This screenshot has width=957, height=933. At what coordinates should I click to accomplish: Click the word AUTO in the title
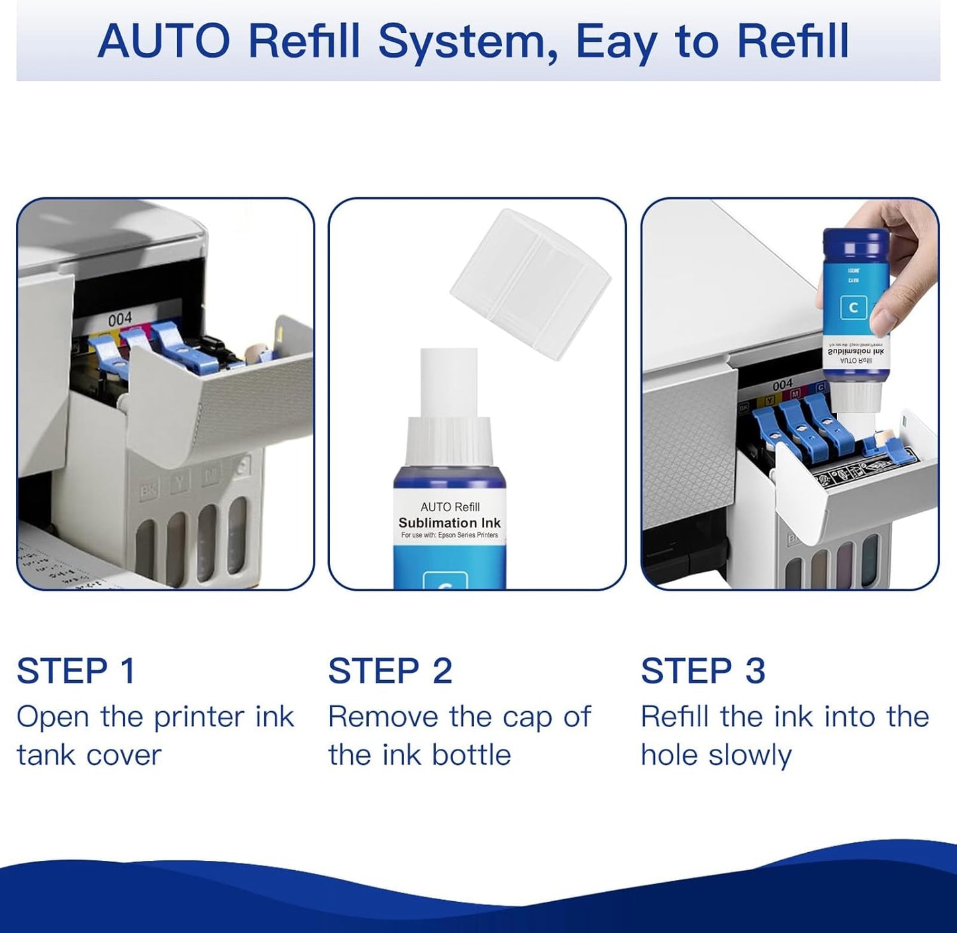click(164, 41)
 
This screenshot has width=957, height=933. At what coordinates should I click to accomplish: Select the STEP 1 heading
click(76, 671)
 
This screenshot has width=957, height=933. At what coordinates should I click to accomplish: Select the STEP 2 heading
click(390, 671)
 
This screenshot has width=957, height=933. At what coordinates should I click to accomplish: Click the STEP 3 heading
click(703, 671)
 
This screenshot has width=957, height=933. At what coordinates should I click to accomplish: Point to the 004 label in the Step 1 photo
click(120, 319)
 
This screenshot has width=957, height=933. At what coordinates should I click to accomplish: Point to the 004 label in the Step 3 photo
click(782, 385)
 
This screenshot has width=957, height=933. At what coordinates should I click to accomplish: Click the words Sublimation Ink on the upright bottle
click(450, 522)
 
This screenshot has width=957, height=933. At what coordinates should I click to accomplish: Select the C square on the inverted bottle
click(853, 308)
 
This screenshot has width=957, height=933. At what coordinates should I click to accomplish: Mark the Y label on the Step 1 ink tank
click(179, 482)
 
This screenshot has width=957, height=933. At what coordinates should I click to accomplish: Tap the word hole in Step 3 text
click(668, 756)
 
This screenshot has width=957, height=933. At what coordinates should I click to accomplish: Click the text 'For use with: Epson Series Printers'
click(450, 535)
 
